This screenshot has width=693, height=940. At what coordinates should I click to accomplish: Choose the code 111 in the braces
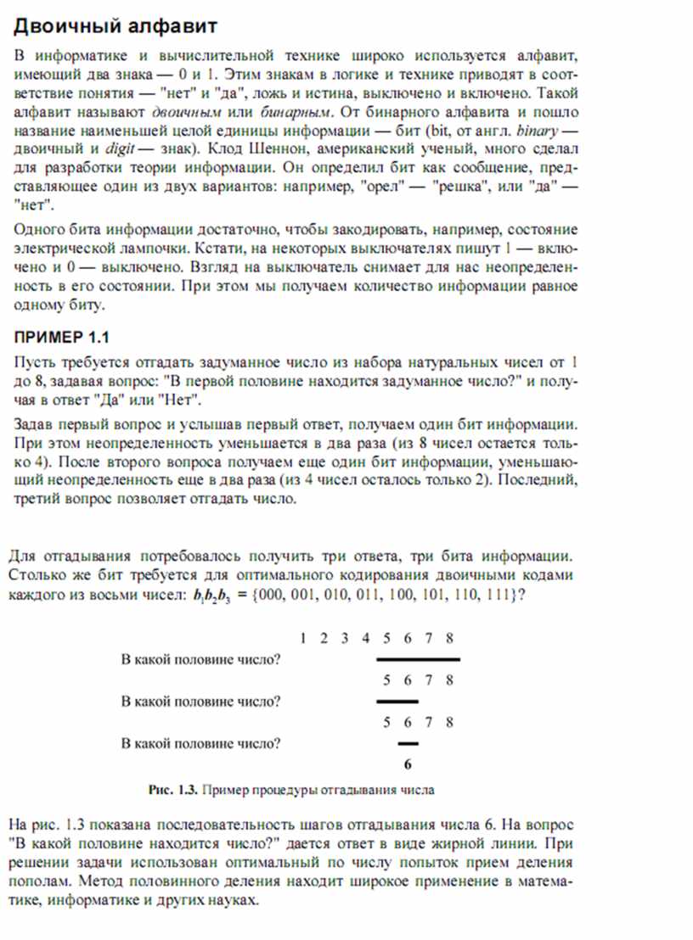coord(497,595)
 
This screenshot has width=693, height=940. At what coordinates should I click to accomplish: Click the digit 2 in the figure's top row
coord(324,638)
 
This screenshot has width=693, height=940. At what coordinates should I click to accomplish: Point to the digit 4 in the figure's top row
coord(365,638)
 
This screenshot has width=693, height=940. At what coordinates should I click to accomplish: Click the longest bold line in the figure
coord(418,659)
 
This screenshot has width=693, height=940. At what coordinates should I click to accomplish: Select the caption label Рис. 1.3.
coord(173,790)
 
